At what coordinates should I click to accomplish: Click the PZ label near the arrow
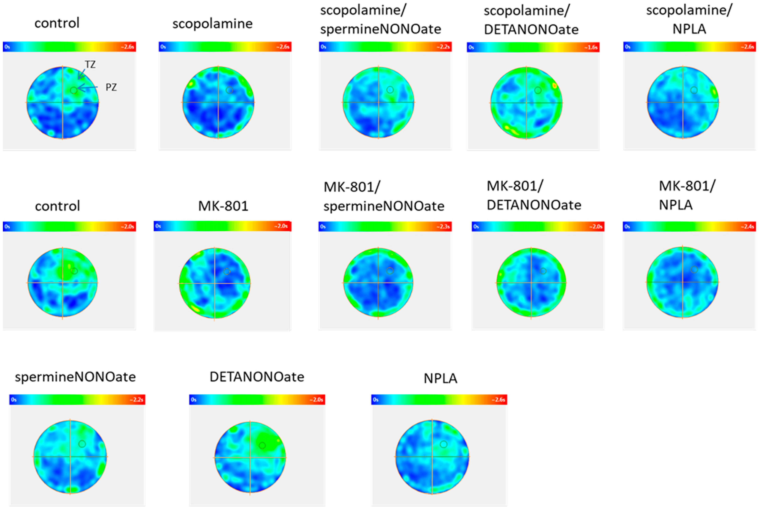tap(111, 87)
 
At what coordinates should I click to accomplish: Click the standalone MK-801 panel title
tap(223, 206)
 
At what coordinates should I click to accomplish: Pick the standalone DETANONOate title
tap(257, 377)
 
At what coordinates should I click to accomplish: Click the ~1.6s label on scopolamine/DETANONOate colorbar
tap(591, 47)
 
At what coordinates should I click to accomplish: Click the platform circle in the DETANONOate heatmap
tap(262, 445)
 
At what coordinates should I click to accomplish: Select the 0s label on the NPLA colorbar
tap(376, 400)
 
